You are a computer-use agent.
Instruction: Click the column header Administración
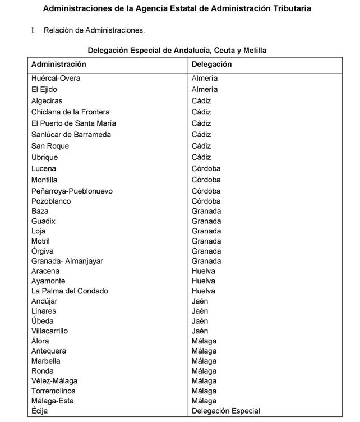(59, 65)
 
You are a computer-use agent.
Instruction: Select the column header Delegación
(211, 65)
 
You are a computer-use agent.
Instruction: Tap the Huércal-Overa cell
(56, 79)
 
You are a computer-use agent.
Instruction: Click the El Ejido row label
(44, 90)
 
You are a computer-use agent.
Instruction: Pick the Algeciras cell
(47, 101)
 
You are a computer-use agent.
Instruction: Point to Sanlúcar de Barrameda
(71, 135)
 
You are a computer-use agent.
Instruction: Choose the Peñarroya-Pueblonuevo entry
(72, 191)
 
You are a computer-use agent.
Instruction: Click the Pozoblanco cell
(51, 201)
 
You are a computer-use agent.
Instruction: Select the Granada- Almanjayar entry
(67, 261)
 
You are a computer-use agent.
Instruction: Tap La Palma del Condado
(70, 291)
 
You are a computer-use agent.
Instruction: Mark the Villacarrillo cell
(49, 331)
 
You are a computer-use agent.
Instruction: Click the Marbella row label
(46, 361)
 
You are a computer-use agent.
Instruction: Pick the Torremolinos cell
(53, 391)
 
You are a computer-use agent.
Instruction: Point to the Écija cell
(40, 411)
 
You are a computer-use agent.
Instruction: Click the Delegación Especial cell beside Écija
(225, 411)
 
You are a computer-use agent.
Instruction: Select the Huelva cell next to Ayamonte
(203, 281)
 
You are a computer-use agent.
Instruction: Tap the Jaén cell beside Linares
(200, 311)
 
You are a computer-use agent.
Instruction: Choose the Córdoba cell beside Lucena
(206, 168)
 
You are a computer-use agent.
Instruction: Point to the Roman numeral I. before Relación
(34, 30)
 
